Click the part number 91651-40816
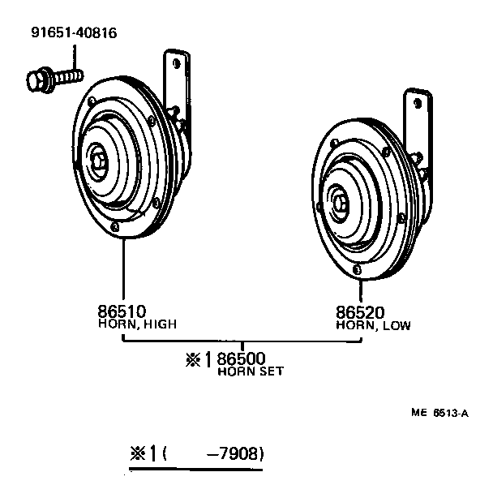click(x=74, y=33)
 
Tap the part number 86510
click(x=122, y=311)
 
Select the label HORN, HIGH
click(x=137, y=324)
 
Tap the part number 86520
click(x=360, y=312)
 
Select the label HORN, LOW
click(x=374, y=326)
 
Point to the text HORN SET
click(x=251, y=372)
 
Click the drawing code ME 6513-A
click(x=439, y=413)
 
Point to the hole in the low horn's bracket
click(x=418, y=104)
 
